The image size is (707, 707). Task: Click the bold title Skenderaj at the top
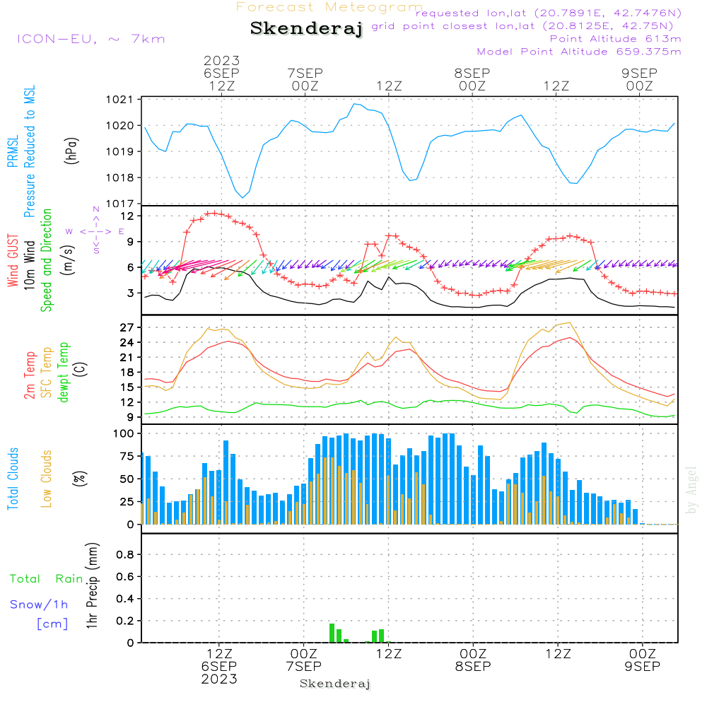(306, 29)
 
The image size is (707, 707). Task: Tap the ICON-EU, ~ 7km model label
(91, 39)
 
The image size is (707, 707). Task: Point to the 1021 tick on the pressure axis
(120, 100)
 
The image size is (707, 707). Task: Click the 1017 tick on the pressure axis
(120, 204)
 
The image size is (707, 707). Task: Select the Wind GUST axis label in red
(13, 261)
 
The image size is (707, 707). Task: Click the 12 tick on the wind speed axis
(127, 216)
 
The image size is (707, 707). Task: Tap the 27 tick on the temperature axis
(127, 327)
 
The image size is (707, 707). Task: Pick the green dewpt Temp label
(63, 373)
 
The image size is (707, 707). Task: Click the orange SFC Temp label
(47, 373)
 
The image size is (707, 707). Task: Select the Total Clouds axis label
(13, 479)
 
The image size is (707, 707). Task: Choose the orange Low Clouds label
(47, 479)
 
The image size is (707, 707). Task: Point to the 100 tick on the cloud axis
(124, 433)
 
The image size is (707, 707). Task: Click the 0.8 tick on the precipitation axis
(125, 554)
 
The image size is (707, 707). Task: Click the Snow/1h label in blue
(39, 604)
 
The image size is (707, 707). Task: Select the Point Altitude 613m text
(615, 39)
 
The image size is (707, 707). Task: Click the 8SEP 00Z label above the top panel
(472, 79)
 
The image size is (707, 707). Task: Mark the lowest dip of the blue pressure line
(243, 197)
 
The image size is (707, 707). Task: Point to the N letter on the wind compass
(96, 209)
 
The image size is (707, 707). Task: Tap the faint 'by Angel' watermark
(691, 490)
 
